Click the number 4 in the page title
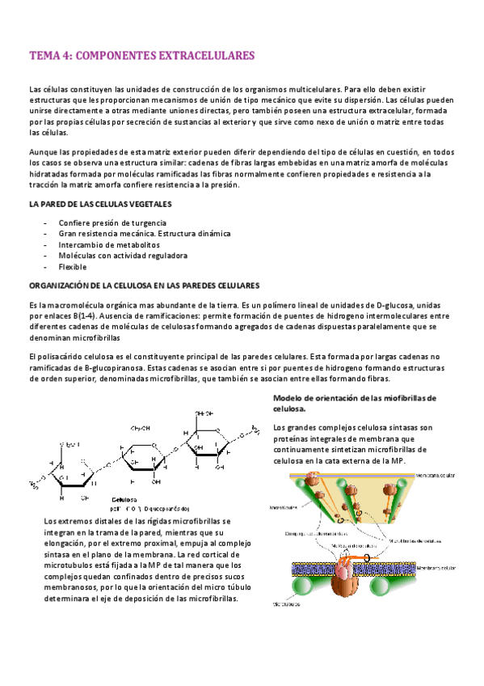64,56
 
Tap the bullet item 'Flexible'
73,267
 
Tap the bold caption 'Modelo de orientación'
354,398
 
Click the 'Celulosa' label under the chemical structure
124,499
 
